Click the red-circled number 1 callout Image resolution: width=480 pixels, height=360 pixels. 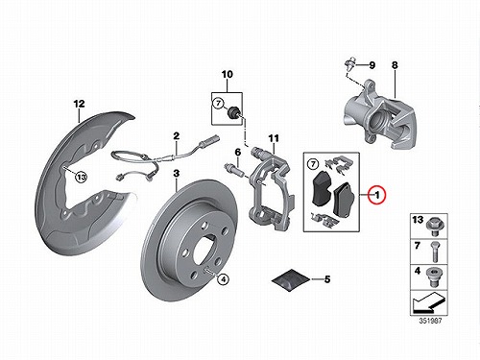[377, 195]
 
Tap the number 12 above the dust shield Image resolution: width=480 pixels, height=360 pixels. [79, 104]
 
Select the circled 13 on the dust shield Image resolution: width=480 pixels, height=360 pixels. [82, 177]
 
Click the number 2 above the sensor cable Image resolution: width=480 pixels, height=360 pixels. [177, 136]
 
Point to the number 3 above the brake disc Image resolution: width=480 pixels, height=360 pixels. [177, 174]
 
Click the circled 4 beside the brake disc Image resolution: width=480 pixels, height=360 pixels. [223, 279]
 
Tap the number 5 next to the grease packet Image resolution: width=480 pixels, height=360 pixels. [327, 279]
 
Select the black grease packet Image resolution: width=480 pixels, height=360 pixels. [291, 280]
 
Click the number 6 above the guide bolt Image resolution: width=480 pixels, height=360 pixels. [238, 152]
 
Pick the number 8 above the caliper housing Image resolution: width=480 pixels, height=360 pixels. [395, 65]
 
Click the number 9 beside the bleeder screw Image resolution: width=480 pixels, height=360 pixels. [372, 65]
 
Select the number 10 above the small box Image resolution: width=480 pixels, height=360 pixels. [228, 74]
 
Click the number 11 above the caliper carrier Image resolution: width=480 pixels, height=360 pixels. [274, 138]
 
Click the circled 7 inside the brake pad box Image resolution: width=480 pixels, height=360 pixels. [313, 164]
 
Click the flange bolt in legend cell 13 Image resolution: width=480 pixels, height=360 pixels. [435, 226]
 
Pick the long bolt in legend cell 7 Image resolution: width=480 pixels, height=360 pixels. [435, 252]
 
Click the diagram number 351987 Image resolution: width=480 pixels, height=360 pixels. [430, 321]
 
